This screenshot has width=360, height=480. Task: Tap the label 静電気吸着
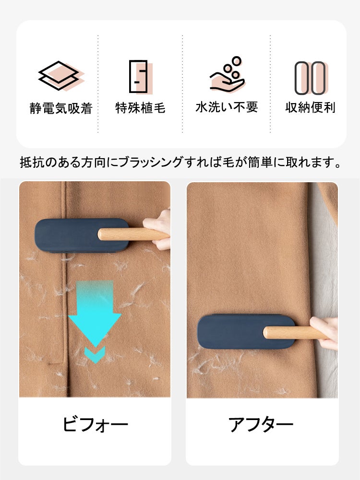point(61,108)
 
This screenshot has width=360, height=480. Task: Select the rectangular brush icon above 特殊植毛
point(140,77)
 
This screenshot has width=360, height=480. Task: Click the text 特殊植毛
point(140,108)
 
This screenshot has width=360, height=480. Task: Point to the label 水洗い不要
point(227,107)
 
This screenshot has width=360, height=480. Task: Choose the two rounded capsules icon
point(311,78)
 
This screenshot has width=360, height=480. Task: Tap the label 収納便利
point(311,107)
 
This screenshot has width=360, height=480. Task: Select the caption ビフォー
point(96,424)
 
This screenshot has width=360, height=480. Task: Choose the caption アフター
point(261,424)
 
